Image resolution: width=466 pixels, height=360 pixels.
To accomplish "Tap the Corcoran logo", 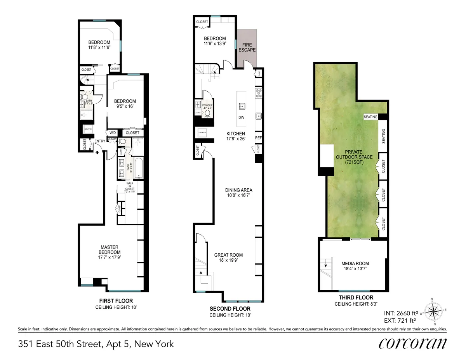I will (412, 343).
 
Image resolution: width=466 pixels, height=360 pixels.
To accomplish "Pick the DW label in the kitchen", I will (241, 118).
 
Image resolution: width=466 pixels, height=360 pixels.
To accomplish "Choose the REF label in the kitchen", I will (259, 137).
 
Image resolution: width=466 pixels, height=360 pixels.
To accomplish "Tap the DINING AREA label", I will (239, 193).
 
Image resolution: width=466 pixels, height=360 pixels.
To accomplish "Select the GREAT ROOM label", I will (228, 258).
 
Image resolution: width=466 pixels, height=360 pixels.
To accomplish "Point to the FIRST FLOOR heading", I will (116, 301).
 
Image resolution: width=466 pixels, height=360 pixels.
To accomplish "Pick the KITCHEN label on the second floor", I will (236, 136).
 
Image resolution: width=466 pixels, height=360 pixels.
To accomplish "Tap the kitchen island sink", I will (241, 105).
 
